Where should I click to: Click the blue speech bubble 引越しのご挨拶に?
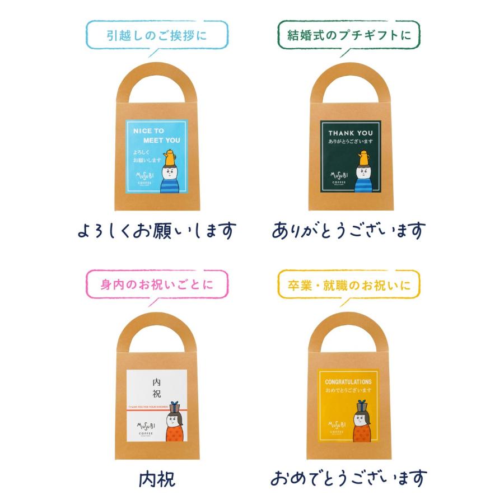coord(156,36)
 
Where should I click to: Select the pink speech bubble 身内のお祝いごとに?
coord(156,284)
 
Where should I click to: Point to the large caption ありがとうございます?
coord(349,230)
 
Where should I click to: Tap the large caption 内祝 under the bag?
coord(156,479)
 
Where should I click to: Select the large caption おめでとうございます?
coord(349,479)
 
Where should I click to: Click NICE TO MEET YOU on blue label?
coord(157,135)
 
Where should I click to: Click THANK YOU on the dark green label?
coord(350,133)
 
